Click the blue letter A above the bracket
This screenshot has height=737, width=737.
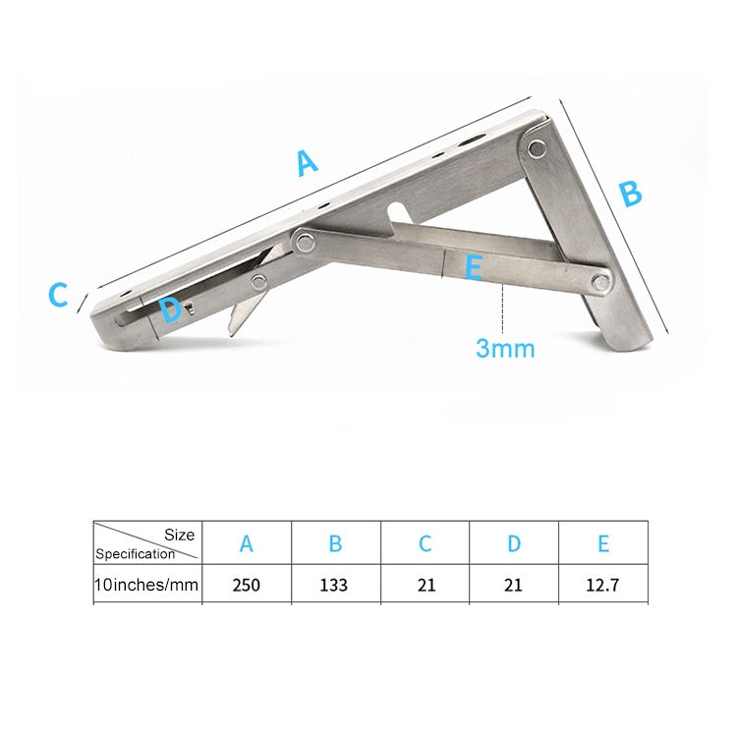coord(308,163)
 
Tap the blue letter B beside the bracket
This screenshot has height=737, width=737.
coord(630,194)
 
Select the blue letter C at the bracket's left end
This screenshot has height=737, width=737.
coord(59,295)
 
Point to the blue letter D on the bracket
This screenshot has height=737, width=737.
coord(171,312)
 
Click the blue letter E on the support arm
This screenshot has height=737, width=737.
coord(474,266)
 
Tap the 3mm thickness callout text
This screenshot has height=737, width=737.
coord(505,348)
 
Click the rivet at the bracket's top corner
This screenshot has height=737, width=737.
coord(536,148)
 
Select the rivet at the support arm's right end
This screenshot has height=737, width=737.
coord(598,284)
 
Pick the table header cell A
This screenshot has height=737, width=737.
coord(247,543)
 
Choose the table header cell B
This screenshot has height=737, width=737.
coord(335,543)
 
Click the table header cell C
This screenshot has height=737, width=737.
coord(425,543)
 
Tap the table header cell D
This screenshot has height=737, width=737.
coord(514,543)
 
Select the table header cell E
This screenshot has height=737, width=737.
coord(603,543)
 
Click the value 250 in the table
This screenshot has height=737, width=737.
coord(247,585)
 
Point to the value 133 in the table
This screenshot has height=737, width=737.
coord(335,585)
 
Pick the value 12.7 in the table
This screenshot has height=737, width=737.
coord(603,585)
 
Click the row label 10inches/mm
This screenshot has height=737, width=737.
coord(147,585)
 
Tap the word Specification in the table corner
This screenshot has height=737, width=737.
coord(136,554)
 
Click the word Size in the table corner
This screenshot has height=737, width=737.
coord(180,535)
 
